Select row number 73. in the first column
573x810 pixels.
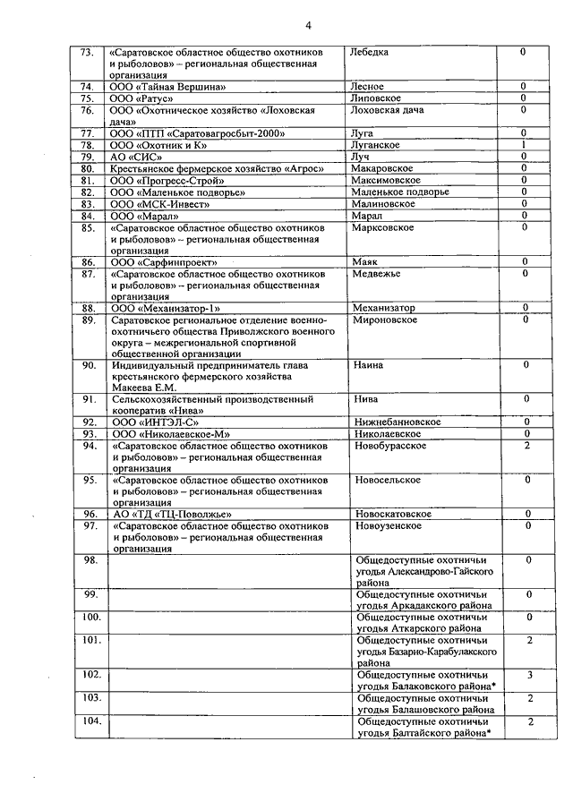88,52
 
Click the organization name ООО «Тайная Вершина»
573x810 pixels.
167,87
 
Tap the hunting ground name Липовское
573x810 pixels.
378,98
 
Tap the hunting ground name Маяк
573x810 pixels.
365,261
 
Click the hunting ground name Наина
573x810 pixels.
369,365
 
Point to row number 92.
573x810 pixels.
90,422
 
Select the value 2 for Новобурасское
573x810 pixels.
527,445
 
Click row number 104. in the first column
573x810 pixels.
90,720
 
